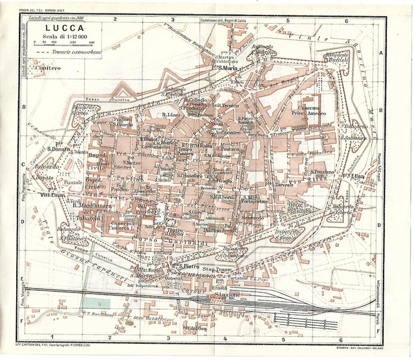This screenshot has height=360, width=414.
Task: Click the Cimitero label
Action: coord(48,67)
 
